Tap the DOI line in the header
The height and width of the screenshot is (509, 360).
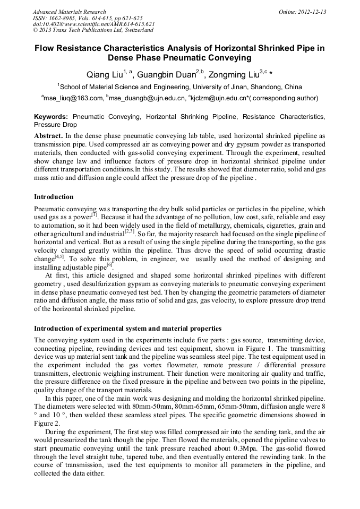click(x=93, y=24)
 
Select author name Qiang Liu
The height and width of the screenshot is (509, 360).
click(x=105, y=74)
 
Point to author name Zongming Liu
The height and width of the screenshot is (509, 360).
click(x=233, y=74)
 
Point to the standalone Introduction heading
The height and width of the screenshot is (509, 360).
click(x=54, y=197)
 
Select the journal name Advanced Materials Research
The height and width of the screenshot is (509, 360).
click(x=69, y=12)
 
